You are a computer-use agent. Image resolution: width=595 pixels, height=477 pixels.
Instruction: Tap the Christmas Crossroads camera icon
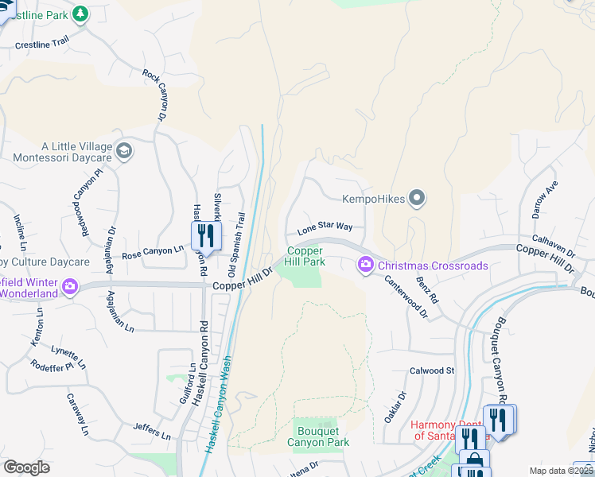click(365, 264)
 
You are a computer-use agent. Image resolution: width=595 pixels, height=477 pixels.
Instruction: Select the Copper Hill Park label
click(305, 256)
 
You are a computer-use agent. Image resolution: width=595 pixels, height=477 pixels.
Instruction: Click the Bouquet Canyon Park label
click(317, 436)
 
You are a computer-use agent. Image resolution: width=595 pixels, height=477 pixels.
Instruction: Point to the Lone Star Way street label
click(325, 227)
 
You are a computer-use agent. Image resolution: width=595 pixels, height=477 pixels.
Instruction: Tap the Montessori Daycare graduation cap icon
click(123, 150)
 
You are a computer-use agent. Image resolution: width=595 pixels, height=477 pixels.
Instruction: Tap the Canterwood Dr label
click(406, 297)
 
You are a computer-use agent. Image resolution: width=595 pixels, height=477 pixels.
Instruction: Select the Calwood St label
click(431, 370)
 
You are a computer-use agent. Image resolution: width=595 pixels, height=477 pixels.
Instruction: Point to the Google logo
click(26, 467)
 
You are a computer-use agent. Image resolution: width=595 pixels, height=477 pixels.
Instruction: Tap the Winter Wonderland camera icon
click(69, 286)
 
